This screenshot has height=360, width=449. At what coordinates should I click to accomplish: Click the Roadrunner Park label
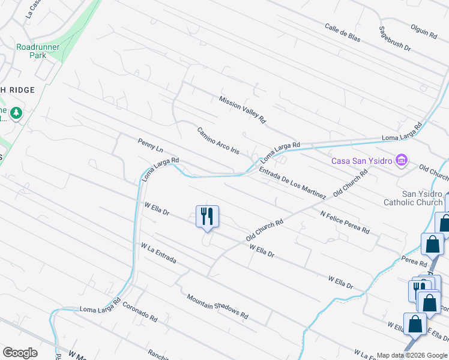[x=32, y=50]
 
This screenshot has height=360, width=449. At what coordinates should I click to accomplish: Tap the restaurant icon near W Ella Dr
[x=207, y=215]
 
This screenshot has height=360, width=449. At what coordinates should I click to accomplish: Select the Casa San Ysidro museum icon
[x=401, y=160]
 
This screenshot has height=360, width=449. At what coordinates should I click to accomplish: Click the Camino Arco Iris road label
[x=218, y=141]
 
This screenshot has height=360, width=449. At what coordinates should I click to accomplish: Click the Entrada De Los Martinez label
[x=292, y=184]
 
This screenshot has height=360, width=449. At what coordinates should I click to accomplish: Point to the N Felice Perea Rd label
[x=344, y=222]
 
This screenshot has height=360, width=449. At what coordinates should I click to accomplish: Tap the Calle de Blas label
[x=343, y=32]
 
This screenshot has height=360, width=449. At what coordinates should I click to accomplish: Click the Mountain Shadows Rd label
[x=217, y=306]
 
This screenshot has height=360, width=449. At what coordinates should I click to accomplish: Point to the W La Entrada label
[x=158, y=253]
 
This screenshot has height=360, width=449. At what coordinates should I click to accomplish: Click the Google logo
[x=20, y=353]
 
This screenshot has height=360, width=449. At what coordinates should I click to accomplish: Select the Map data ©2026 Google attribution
[x=412, y=355]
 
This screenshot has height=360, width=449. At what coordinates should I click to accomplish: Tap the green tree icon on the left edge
[x=16, y=112]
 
